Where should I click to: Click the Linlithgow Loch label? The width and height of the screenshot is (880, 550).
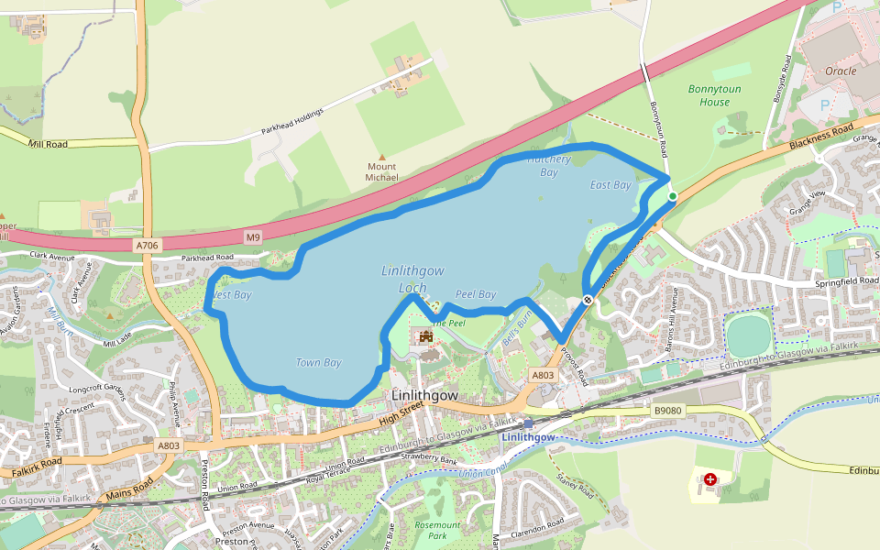[412, 279]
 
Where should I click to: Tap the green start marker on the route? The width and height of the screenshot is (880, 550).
[672, 196]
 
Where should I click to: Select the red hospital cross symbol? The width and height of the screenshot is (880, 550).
[709, 479]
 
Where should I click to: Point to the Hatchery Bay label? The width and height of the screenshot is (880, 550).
[549, 165]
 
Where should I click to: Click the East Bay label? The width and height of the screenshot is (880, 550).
[610, 185]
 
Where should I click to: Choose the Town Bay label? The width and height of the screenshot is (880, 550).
[318, 363]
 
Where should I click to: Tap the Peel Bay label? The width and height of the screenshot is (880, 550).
[476, 294]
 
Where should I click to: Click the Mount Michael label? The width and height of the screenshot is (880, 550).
[382, 171]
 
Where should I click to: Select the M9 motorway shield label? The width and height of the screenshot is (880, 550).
[253, 237]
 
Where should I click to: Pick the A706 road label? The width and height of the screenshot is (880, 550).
[146, 246]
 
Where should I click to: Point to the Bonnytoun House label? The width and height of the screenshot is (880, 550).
[715, 95]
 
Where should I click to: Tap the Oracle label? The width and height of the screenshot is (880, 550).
[841, 71]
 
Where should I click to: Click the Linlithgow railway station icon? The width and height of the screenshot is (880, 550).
[528, 423]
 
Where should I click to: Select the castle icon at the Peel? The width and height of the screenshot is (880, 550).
[425, 337]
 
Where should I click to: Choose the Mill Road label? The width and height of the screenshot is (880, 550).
[48, 145]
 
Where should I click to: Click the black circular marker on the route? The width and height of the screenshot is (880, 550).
[588, 300]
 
